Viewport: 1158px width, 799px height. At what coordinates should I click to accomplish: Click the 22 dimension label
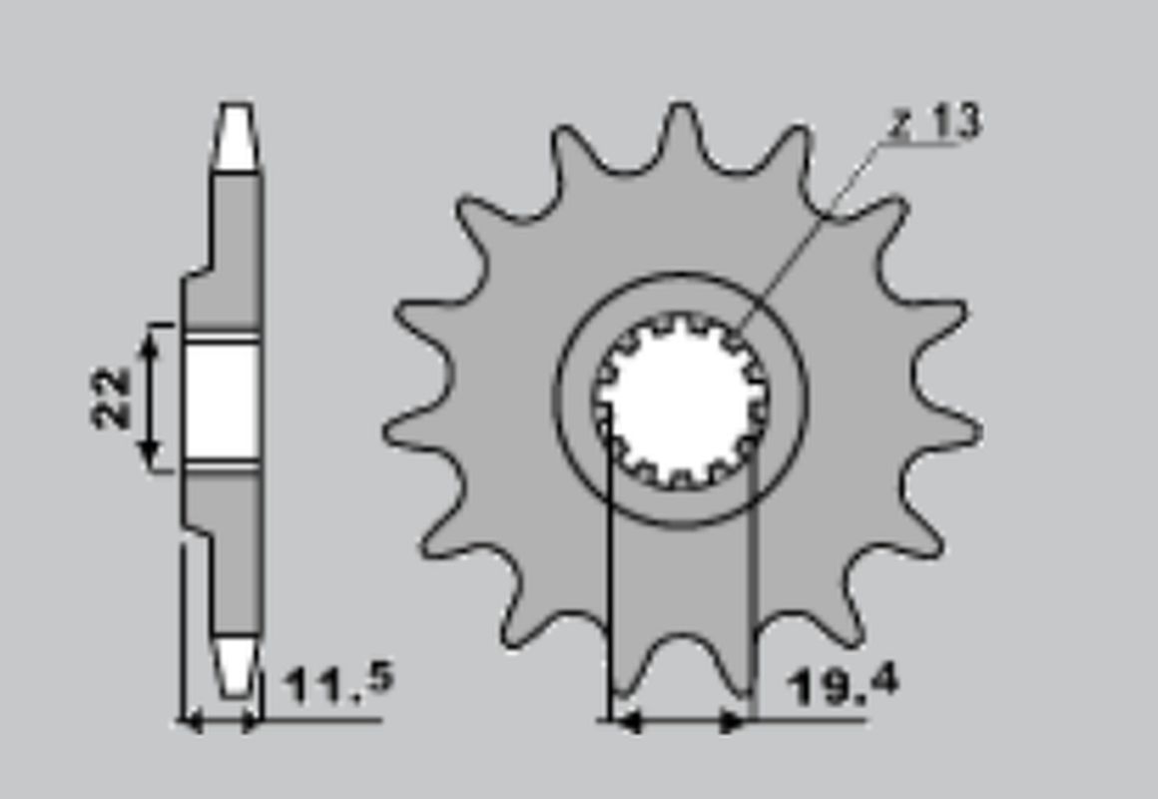pyautogui.click(x=112, y=398)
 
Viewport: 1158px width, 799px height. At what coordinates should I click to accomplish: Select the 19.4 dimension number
pyautogui.click(x=843, y=685)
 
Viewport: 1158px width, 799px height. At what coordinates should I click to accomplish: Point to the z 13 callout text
pyautogui.click(x=935, y=123)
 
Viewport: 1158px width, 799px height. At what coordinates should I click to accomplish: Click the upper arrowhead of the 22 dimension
pyautogui.click(x=150, y=340)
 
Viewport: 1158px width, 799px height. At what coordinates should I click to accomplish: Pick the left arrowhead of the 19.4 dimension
pyautogui.click(x=623, y=719)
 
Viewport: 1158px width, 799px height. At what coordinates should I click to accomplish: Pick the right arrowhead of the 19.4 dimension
pyautogui.click(x=737, y=719)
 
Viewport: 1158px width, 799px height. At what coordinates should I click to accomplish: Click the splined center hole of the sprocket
pyautogui.click(x=681, y=399)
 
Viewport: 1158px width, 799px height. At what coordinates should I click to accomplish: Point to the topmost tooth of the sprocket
pyautogui.click(x=681, y=125)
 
